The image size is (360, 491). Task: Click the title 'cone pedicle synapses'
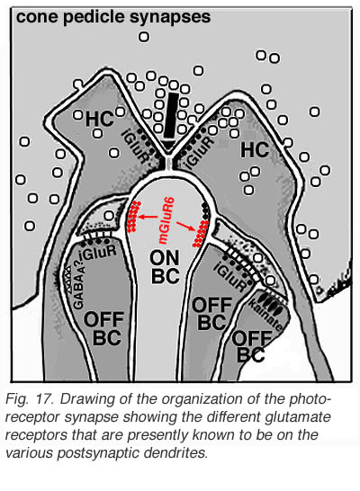[x=113, y=17]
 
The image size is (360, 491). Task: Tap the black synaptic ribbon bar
[x=171, y=115]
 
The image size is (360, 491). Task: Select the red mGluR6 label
[x=166, y=219]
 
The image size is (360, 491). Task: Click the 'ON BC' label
[x=165, y=267]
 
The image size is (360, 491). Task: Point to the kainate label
[x=270, y=316]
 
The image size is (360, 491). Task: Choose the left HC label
[x=99, y=119]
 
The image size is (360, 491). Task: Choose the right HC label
[x=255, y=149]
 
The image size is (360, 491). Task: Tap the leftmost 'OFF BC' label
[x=103, y=328]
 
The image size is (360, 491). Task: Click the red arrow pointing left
[x=148, y=217]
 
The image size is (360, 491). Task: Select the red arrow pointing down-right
[x=184, y=227]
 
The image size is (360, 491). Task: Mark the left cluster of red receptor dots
[x=133, y=215]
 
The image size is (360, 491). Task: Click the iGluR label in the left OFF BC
[x=98, y=253]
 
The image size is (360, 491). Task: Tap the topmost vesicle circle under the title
[x=144, y=37]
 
